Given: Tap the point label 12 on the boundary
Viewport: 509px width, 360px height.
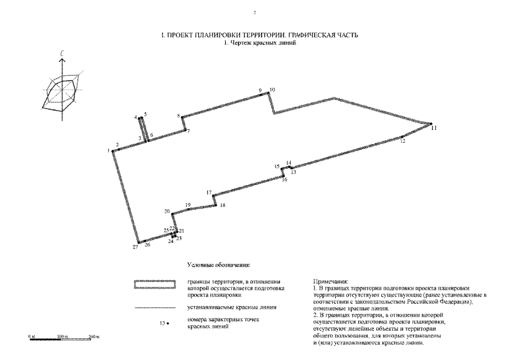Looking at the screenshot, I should [403, 142].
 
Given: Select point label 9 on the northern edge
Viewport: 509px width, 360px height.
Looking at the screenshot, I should [260, 90].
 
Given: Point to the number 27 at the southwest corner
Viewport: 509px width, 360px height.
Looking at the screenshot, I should [136, 247].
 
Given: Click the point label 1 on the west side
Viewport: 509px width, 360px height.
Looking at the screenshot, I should [108, 150].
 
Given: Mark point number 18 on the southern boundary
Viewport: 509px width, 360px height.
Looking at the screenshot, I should [223, 205].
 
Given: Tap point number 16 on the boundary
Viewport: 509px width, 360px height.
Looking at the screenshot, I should [285, 180].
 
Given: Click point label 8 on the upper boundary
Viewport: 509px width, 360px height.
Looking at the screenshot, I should [179, 116].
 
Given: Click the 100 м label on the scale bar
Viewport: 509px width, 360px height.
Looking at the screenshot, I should [62, 336].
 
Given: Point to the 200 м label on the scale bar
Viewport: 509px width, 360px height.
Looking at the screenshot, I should [94, 336].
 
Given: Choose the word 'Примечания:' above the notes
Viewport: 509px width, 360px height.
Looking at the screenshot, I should [330, 281].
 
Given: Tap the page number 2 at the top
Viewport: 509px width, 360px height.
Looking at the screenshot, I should [255, 12].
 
